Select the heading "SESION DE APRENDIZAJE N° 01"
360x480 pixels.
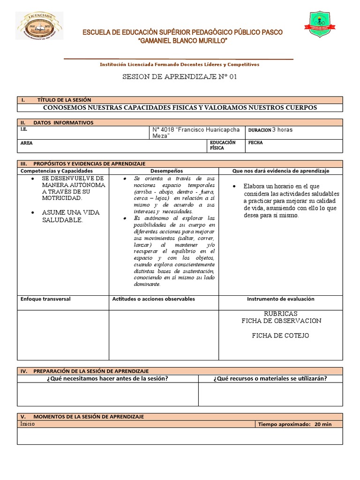tap(180, 77)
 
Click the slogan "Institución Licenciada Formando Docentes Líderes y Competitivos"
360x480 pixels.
tap(180, 65)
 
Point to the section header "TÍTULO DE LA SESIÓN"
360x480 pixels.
tap(64, 100)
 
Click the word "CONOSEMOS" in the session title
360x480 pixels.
tap(66, 107)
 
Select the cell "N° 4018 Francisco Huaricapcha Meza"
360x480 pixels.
tap(196, 132)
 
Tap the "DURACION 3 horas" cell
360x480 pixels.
tap(270, 129)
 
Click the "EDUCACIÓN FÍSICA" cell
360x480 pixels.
tap(223, 145)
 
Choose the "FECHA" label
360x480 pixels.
tap(255, 142)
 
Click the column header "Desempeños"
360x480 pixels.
tap(164, 171)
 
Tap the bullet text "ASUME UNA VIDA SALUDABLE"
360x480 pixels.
tap(70, 216)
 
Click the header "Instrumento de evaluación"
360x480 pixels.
tap(280, 299)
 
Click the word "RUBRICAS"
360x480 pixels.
tap(281, 313)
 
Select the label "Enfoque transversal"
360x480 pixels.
tap(45, 299)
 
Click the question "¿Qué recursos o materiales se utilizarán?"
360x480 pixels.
tap(270, 379)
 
